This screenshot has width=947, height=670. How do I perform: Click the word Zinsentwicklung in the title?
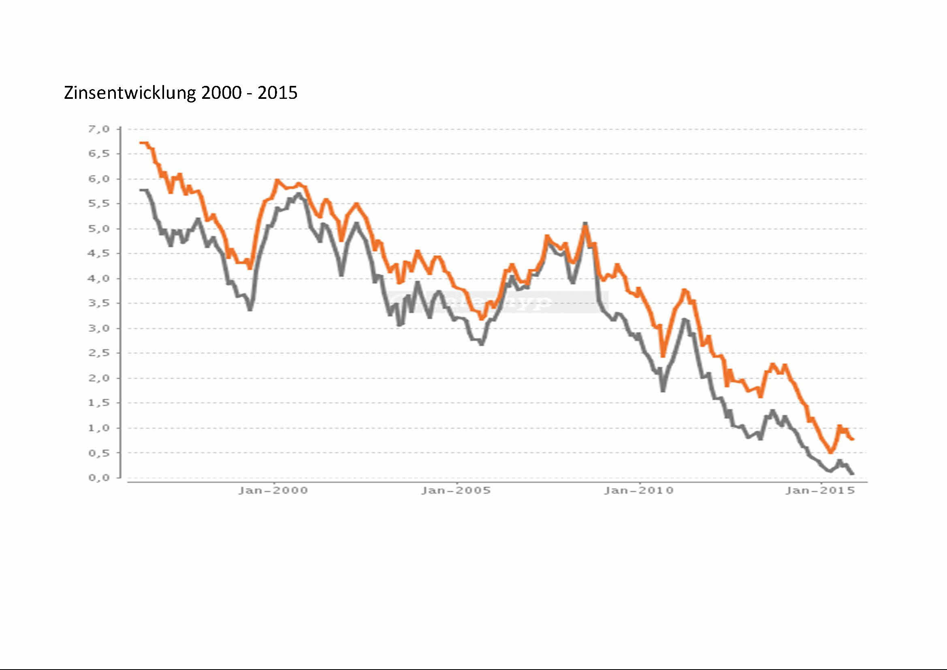pos(130,93)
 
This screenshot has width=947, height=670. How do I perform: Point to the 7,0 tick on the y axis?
pos(99,129)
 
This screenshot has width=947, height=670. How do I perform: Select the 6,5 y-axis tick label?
pos(99,154)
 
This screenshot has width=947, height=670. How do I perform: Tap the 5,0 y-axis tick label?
pos(99,228)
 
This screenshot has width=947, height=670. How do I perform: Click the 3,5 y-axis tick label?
pos(99,303)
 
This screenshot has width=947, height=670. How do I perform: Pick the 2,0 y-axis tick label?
pos(99,378)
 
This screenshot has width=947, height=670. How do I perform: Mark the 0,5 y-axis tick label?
pos(99,452)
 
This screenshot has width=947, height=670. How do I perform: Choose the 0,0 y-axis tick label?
pos(99,478)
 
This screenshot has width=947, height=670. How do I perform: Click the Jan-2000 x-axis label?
pos(273,491)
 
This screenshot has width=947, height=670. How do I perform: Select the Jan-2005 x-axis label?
pos(456,491)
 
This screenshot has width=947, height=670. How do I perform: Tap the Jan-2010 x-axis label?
pos(639,491)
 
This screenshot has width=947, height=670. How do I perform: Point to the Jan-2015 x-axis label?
pos(820,491)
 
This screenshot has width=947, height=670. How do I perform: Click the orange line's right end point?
pos(853,440)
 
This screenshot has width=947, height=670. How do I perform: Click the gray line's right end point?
pos(853,473)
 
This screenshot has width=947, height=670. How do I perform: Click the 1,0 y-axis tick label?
pos(99,428)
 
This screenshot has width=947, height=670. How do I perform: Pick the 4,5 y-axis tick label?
pos(99,253)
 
